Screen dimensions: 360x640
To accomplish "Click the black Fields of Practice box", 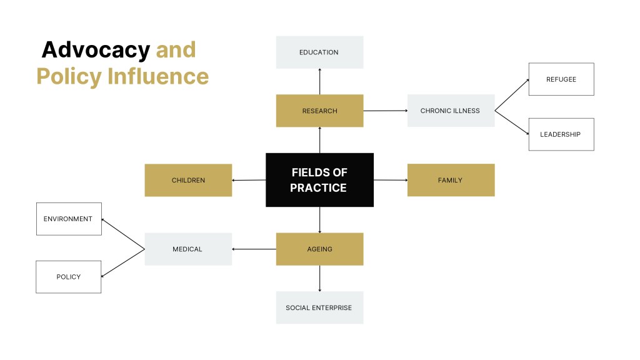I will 319,180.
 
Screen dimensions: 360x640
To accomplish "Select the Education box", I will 319,52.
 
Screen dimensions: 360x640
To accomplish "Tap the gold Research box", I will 319,111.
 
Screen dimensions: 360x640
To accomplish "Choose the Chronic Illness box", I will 451,111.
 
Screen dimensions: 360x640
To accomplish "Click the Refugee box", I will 561,79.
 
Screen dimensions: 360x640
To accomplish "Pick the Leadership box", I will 561,134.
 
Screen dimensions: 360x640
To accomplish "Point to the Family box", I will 451,180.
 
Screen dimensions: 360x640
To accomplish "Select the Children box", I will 188,181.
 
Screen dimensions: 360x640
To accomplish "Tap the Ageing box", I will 319,249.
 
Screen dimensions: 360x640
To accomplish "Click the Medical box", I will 188,249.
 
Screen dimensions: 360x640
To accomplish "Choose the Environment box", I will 69,219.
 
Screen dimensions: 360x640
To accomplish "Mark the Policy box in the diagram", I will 69,277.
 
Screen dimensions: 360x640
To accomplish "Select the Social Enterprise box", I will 319,307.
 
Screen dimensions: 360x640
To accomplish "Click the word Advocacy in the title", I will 96,49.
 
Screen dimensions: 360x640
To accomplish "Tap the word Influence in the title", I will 158,76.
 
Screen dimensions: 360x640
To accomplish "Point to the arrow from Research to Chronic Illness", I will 385,111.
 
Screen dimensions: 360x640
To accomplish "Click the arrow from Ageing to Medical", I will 254,249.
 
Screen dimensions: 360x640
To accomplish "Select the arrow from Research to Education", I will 319,81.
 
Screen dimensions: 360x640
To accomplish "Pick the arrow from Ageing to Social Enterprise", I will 319,278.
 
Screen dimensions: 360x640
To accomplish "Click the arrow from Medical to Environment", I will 122,234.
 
